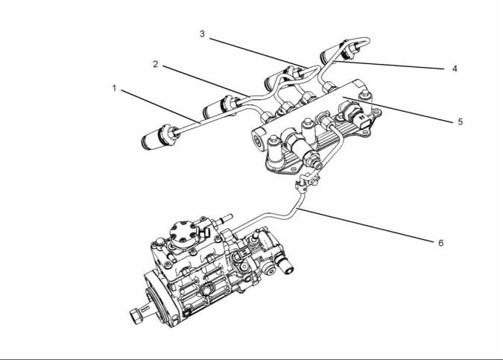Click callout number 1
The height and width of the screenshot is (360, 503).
point(114,88)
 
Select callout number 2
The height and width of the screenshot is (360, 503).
point(156,64)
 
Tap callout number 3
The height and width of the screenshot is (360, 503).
point(202,34)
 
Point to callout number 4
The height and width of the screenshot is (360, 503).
point(455,69)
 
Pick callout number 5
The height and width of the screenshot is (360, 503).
point(461,121)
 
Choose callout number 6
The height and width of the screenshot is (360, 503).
point(440,243)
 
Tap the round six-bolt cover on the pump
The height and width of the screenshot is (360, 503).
point(183,234)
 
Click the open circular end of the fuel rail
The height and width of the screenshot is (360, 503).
point(258,140)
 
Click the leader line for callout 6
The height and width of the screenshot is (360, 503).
point(366,224)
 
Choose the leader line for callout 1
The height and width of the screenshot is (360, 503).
point(161,106)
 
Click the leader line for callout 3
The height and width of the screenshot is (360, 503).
point(259,53)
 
